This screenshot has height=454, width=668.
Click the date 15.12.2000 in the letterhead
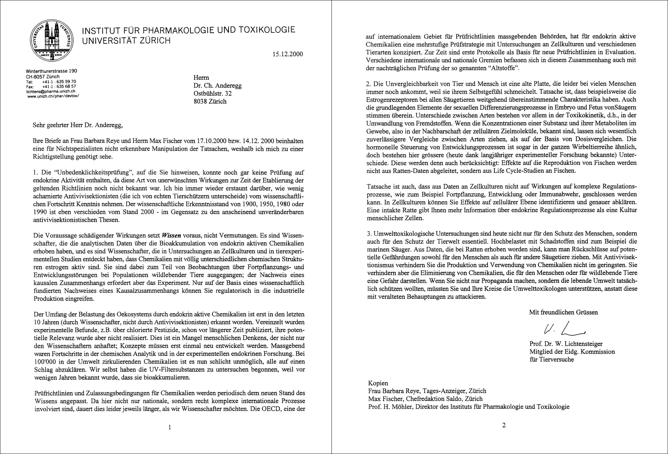(x=287, y=54)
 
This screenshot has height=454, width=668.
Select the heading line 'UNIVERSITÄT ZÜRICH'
(x=126, y=41)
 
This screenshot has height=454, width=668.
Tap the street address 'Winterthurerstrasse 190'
(x=51, y=71)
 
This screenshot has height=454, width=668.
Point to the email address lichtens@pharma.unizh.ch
(x=51, y=91)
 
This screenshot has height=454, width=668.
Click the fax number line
(x=51, y=86)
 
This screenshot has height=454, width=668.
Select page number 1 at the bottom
(x=170, y=427)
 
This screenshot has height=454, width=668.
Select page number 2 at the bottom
(x=504, y=424)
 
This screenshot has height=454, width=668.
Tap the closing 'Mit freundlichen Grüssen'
(x=563, y=312)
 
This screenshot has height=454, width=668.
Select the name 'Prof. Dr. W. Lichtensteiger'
(x=566, y=344)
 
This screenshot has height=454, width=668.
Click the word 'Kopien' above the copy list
(x=378, y=383)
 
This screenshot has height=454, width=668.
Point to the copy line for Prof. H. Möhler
(x=469, y=407)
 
